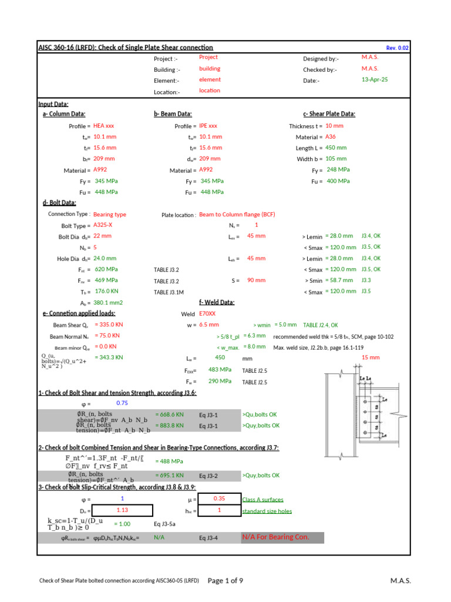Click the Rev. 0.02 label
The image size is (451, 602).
(397, 48)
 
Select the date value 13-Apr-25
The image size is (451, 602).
(376, 79)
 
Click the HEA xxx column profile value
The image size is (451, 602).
(104, 126)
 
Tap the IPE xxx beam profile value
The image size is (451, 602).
(208, 126)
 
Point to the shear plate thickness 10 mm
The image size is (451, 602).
(334, 126)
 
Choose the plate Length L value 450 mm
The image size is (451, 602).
(336, 148)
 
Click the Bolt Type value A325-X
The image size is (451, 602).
(104, 225)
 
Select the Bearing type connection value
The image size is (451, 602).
(110, 215)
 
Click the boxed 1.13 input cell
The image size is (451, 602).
(123, 510)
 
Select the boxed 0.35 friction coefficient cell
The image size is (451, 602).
(219, 499)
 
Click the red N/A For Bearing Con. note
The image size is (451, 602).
(275, 537)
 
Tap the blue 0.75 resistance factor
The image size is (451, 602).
(122, 403)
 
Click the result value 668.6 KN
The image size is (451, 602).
(169, 414)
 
